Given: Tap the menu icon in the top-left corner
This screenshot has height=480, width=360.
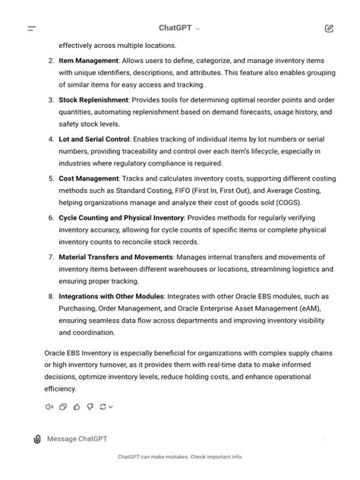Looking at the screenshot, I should click(32, 28).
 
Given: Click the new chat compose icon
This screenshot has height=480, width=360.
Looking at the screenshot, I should click(328, 28).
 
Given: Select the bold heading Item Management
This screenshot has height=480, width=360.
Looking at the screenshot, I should click(88, 60).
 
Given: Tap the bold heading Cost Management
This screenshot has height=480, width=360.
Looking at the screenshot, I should click(88, 178).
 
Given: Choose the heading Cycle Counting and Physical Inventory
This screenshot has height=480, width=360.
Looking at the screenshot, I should click(121, 218).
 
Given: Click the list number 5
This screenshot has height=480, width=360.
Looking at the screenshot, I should click(50, 178).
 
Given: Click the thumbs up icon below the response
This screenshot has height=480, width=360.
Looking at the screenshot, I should click(76, 406).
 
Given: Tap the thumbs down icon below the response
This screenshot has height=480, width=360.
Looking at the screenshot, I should click(90, 406).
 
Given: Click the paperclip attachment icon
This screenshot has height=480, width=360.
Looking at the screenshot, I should click(36, 439).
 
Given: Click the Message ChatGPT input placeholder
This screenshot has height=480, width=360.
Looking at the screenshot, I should click(77, 439).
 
